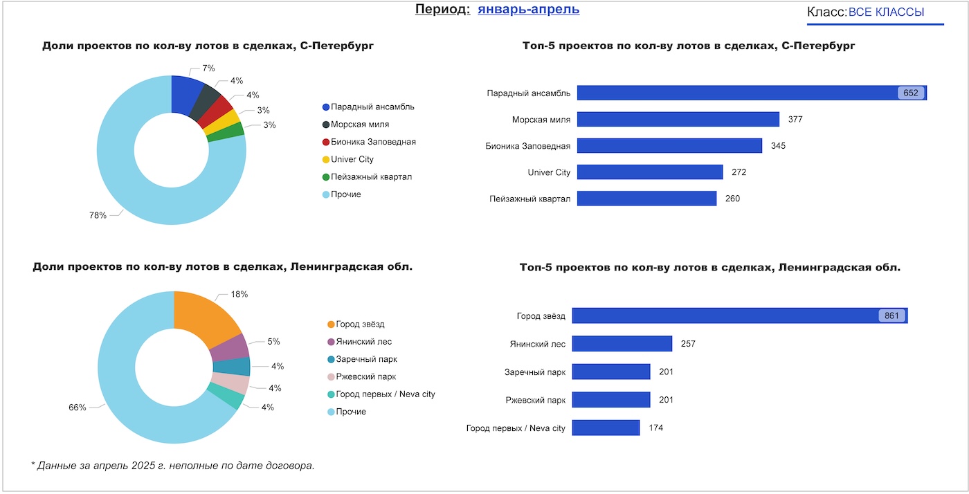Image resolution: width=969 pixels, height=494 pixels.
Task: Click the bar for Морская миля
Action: (678, 119)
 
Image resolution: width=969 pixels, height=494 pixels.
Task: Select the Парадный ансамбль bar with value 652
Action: (751, 93)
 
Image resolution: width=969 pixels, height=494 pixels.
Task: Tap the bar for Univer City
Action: (650, 172)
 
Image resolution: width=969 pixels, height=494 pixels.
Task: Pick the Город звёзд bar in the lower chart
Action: (739, 315)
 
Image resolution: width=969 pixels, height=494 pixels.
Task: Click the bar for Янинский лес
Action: (622, 343)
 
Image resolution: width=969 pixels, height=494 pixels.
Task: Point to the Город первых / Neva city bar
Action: (606, 428)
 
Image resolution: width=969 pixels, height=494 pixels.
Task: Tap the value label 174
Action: (655, 428)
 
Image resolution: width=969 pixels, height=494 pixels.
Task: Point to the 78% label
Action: (98, 215)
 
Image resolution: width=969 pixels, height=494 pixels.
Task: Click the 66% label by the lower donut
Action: (77, 408)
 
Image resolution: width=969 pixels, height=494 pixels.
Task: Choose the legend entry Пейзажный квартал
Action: (371, 177)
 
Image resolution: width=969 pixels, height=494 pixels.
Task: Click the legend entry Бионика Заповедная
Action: (373, 142)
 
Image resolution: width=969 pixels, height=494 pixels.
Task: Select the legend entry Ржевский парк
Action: (365, 377)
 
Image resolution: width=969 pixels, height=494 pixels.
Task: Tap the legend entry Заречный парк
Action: (366, 360)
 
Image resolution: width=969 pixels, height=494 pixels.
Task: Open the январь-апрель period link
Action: (528, 10)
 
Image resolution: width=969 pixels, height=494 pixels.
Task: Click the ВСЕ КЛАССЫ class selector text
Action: (886, 12)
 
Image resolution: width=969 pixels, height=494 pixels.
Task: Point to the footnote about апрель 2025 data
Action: (173, 465)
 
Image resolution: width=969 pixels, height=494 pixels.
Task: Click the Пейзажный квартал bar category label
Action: (529, 199)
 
